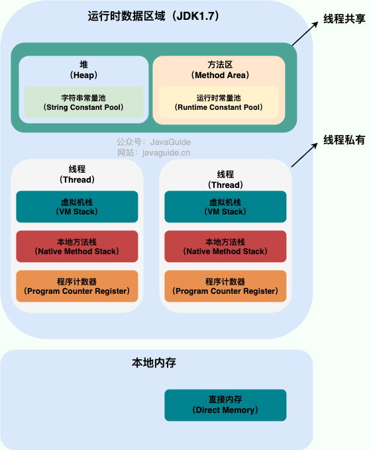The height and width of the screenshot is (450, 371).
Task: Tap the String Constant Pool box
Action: (83, 101)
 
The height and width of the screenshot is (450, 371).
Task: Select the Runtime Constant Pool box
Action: (219, 101)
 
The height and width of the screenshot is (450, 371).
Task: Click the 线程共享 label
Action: (343, 19)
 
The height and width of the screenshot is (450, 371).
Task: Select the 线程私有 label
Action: (343, 140)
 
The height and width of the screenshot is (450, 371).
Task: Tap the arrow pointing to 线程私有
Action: (304, 154)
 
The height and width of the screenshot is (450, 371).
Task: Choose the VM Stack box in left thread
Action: (77, 206)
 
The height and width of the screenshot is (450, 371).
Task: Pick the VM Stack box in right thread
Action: (225, 206)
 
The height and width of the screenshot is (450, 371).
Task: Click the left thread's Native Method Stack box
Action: (77, 246)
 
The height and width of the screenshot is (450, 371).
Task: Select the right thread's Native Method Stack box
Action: (225, 246)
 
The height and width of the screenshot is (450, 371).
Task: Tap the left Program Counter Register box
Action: (77, 286)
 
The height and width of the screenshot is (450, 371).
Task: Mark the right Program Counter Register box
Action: (225, 286)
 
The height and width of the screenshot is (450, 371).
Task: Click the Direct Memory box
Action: (225, 405)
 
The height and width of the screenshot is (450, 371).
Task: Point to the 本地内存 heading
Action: (154, 363)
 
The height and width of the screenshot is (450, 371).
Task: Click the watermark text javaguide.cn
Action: (160, 152)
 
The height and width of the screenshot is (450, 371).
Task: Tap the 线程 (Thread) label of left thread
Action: (77, 174)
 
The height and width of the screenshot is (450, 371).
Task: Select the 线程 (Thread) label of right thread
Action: (225, 179)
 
